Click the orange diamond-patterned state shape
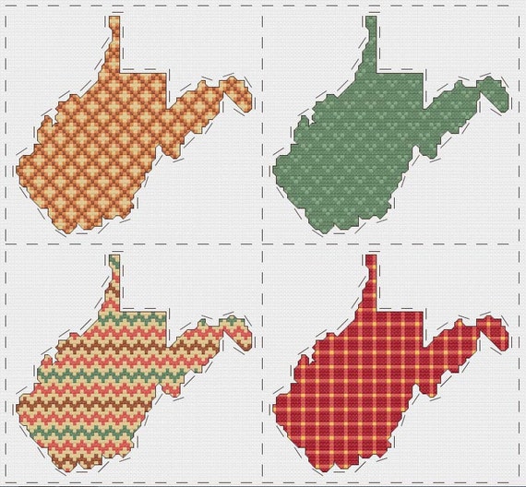click(111, 138)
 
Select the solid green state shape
click(369, 138)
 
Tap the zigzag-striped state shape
click(111, 378)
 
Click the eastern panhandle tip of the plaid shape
click(503, 338)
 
